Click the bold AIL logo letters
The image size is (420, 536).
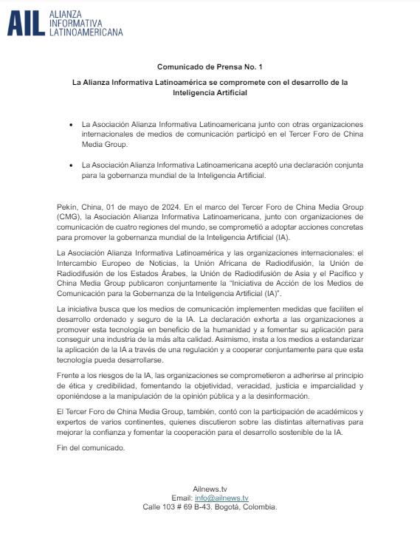[25, 23]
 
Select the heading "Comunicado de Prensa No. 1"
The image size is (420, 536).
[210, 66]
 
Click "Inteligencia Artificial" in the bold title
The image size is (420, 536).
[210, 93]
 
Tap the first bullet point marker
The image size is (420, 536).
[70, 126]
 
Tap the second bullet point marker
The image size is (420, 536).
[70, 165]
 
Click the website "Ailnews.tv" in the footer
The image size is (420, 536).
[210, 489]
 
